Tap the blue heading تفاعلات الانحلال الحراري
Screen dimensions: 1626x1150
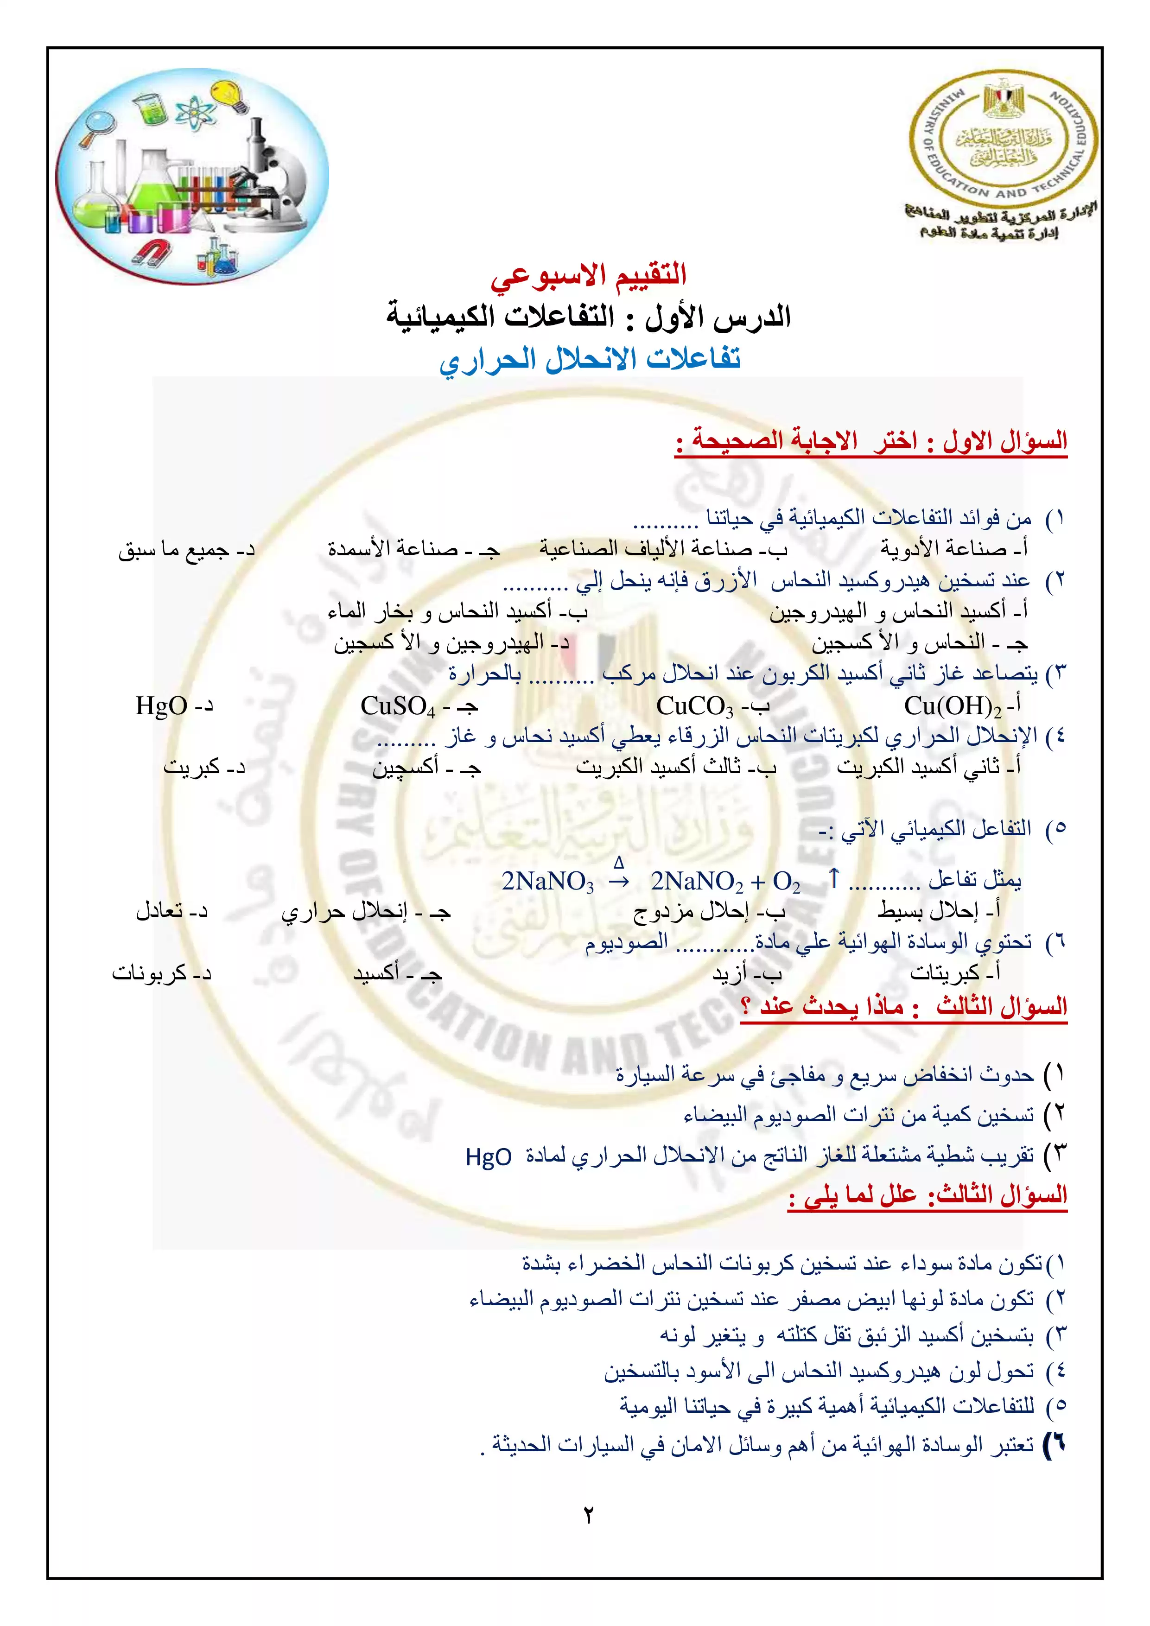coord(590,359)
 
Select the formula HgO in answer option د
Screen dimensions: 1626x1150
coord(161,705)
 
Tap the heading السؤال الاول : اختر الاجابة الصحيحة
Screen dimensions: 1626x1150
coord(871,441)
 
